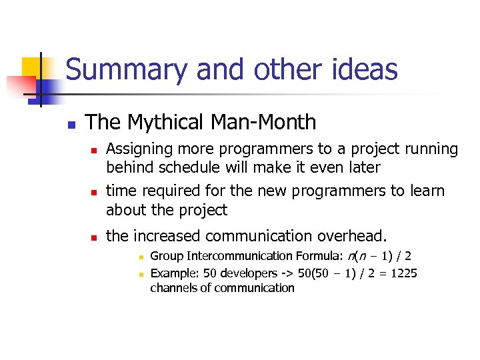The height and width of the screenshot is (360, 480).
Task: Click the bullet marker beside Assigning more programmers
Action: pyautogui.click(x=95, y=151)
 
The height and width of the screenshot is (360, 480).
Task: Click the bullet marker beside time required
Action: pyautogui.click(x=95, y=193)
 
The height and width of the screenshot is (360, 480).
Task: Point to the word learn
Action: pyautogui.click(x=425, y=191)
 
